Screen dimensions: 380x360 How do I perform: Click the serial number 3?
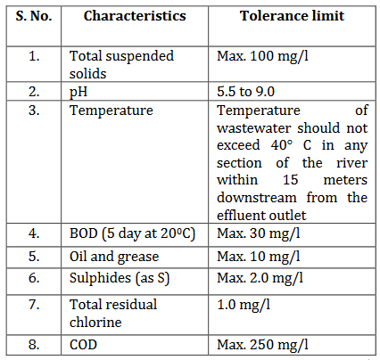point(34,110)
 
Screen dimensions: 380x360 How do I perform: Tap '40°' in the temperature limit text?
point(282,145)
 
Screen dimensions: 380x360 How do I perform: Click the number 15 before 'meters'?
point(290,180)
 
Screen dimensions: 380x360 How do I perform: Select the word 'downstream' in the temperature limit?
point(257,198)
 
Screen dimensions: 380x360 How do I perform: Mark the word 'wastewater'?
point(253,128)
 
